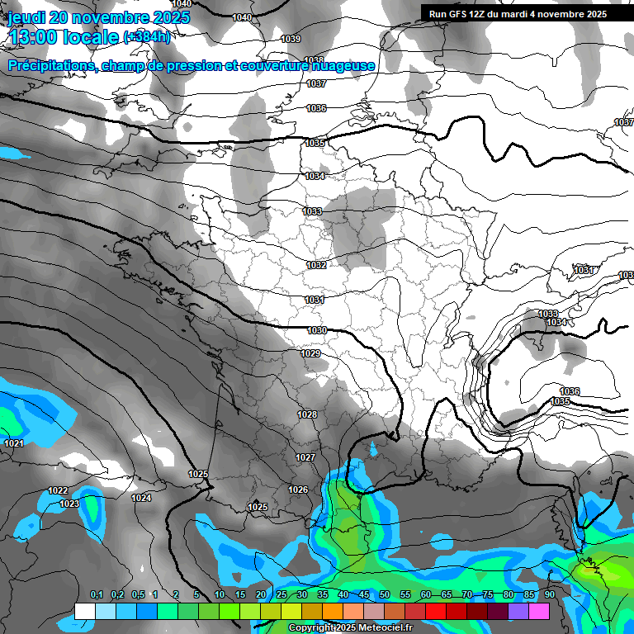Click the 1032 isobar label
pyautogui.click(x=315, y=265)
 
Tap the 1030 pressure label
pyautogui.click(x=317, y=330)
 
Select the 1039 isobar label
pyautogui.click(x=291, y=39)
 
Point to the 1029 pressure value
pyautogui.click(x=310, y=353)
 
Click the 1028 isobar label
pyautogui.click(x=307, y=414)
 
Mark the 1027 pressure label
pyautogui.click(x=305, y=457)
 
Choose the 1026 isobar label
pyautogui.click(x=298, y=490)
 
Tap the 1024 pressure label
pyautogui.click(x=141, y=498)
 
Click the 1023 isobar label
pyautogui.click(x=69, y=504)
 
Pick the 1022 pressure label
pyautogui.click(x=58, y=490)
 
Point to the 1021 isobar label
pyautogui.click(x=14, y=444)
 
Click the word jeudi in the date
pyautogui.click(x=26, y=17)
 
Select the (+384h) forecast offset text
pyautogui.click(x=146, y=37)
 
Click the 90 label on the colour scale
pyautogui.click(x=549, y=595)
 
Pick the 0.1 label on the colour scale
pyautogui.click(x=97, y=595)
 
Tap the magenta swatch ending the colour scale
pyautogui.click(x=539, y=611)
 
